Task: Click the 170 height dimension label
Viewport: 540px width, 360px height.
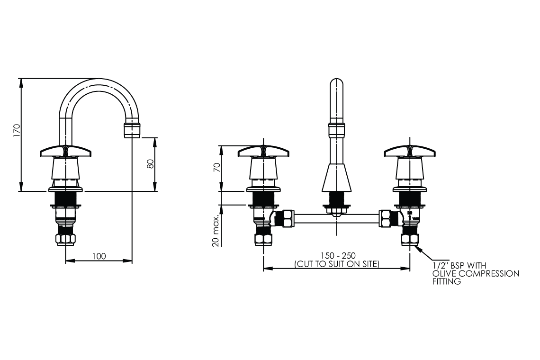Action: (16, 131)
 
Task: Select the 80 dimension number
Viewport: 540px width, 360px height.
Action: (151, 164)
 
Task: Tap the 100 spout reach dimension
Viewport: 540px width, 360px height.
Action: (99, 256)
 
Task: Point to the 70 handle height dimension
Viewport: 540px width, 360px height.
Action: (216, 168)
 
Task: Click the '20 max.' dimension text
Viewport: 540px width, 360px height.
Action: (216, 230)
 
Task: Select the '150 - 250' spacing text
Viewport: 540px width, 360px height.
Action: (337, 256)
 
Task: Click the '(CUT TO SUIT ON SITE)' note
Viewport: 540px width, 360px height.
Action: (337, 264)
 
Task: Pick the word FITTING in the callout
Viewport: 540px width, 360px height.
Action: (446, 281)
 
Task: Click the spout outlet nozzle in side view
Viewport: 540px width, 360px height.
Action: (132, 129)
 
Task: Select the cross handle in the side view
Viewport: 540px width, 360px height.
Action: (66, 152)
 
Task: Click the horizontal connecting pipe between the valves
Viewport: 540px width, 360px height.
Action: (336, 219)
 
